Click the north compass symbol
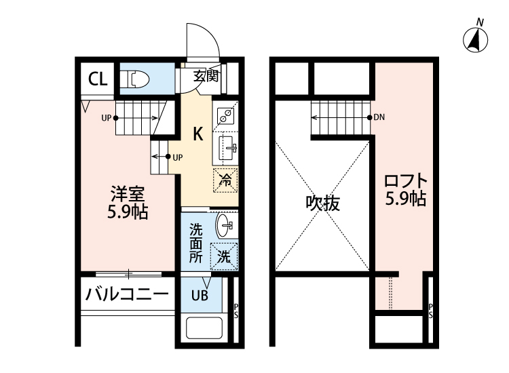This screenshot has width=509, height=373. click(476, 40)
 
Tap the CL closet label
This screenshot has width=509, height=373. click(97, 78)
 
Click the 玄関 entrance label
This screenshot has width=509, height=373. click(206, 77)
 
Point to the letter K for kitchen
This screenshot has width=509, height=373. click(198, 134)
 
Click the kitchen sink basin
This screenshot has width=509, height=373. click(227, 146)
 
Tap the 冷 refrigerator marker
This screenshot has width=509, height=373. click(226, 180)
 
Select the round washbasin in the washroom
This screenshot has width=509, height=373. click(224, 224)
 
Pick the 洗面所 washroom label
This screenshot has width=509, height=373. click(195, 243)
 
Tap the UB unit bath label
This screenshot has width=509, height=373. click(199, 295)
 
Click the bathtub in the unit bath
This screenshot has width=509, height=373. click(206, 330)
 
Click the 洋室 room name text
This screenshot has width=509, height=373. click(128, 193)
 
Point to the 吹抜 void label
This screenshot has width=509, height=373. click(322, 203)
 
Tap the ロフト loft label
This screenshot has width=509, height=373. click(406, 182)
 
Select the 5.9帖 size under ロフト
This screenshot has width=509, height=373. click(406, 199)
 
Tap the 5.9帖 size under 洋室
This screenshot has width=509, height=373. click(128, 211)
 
